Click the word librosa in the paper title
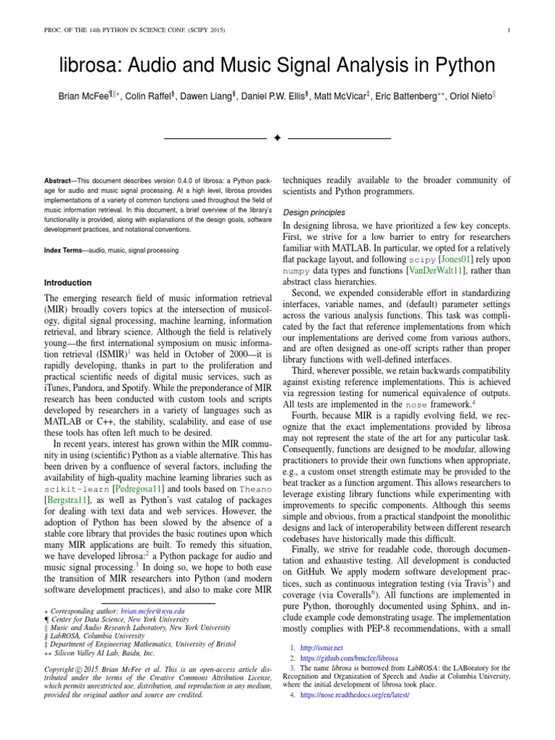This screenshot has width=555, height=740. [87, 66]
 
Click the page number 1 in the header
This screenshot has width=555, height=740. [509, 30]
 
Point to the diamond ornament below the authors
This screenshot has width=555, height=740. [277, 138]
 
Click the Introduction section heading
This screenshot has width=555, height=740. [68, 283]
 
